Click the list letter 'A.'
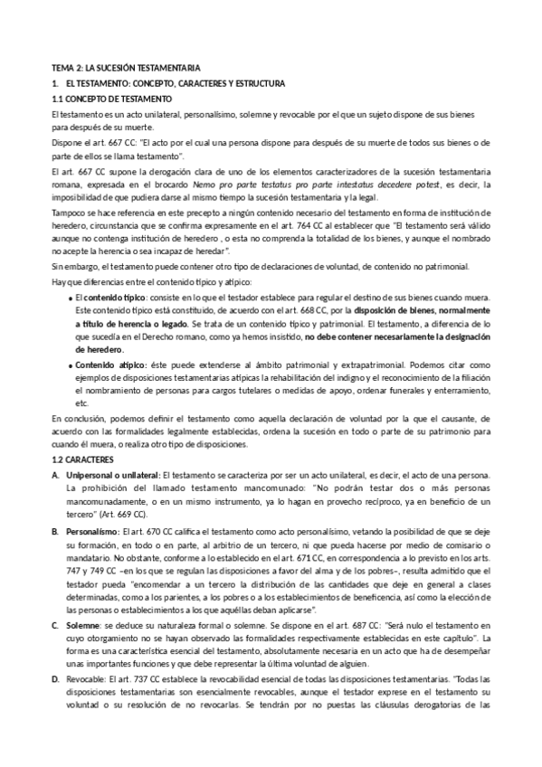click(56, 475)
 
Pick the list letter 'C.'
click(56, 625)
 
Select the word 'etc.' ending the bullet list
click(81, 402)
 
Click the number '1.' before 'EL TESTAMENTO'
click(56, 83)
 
